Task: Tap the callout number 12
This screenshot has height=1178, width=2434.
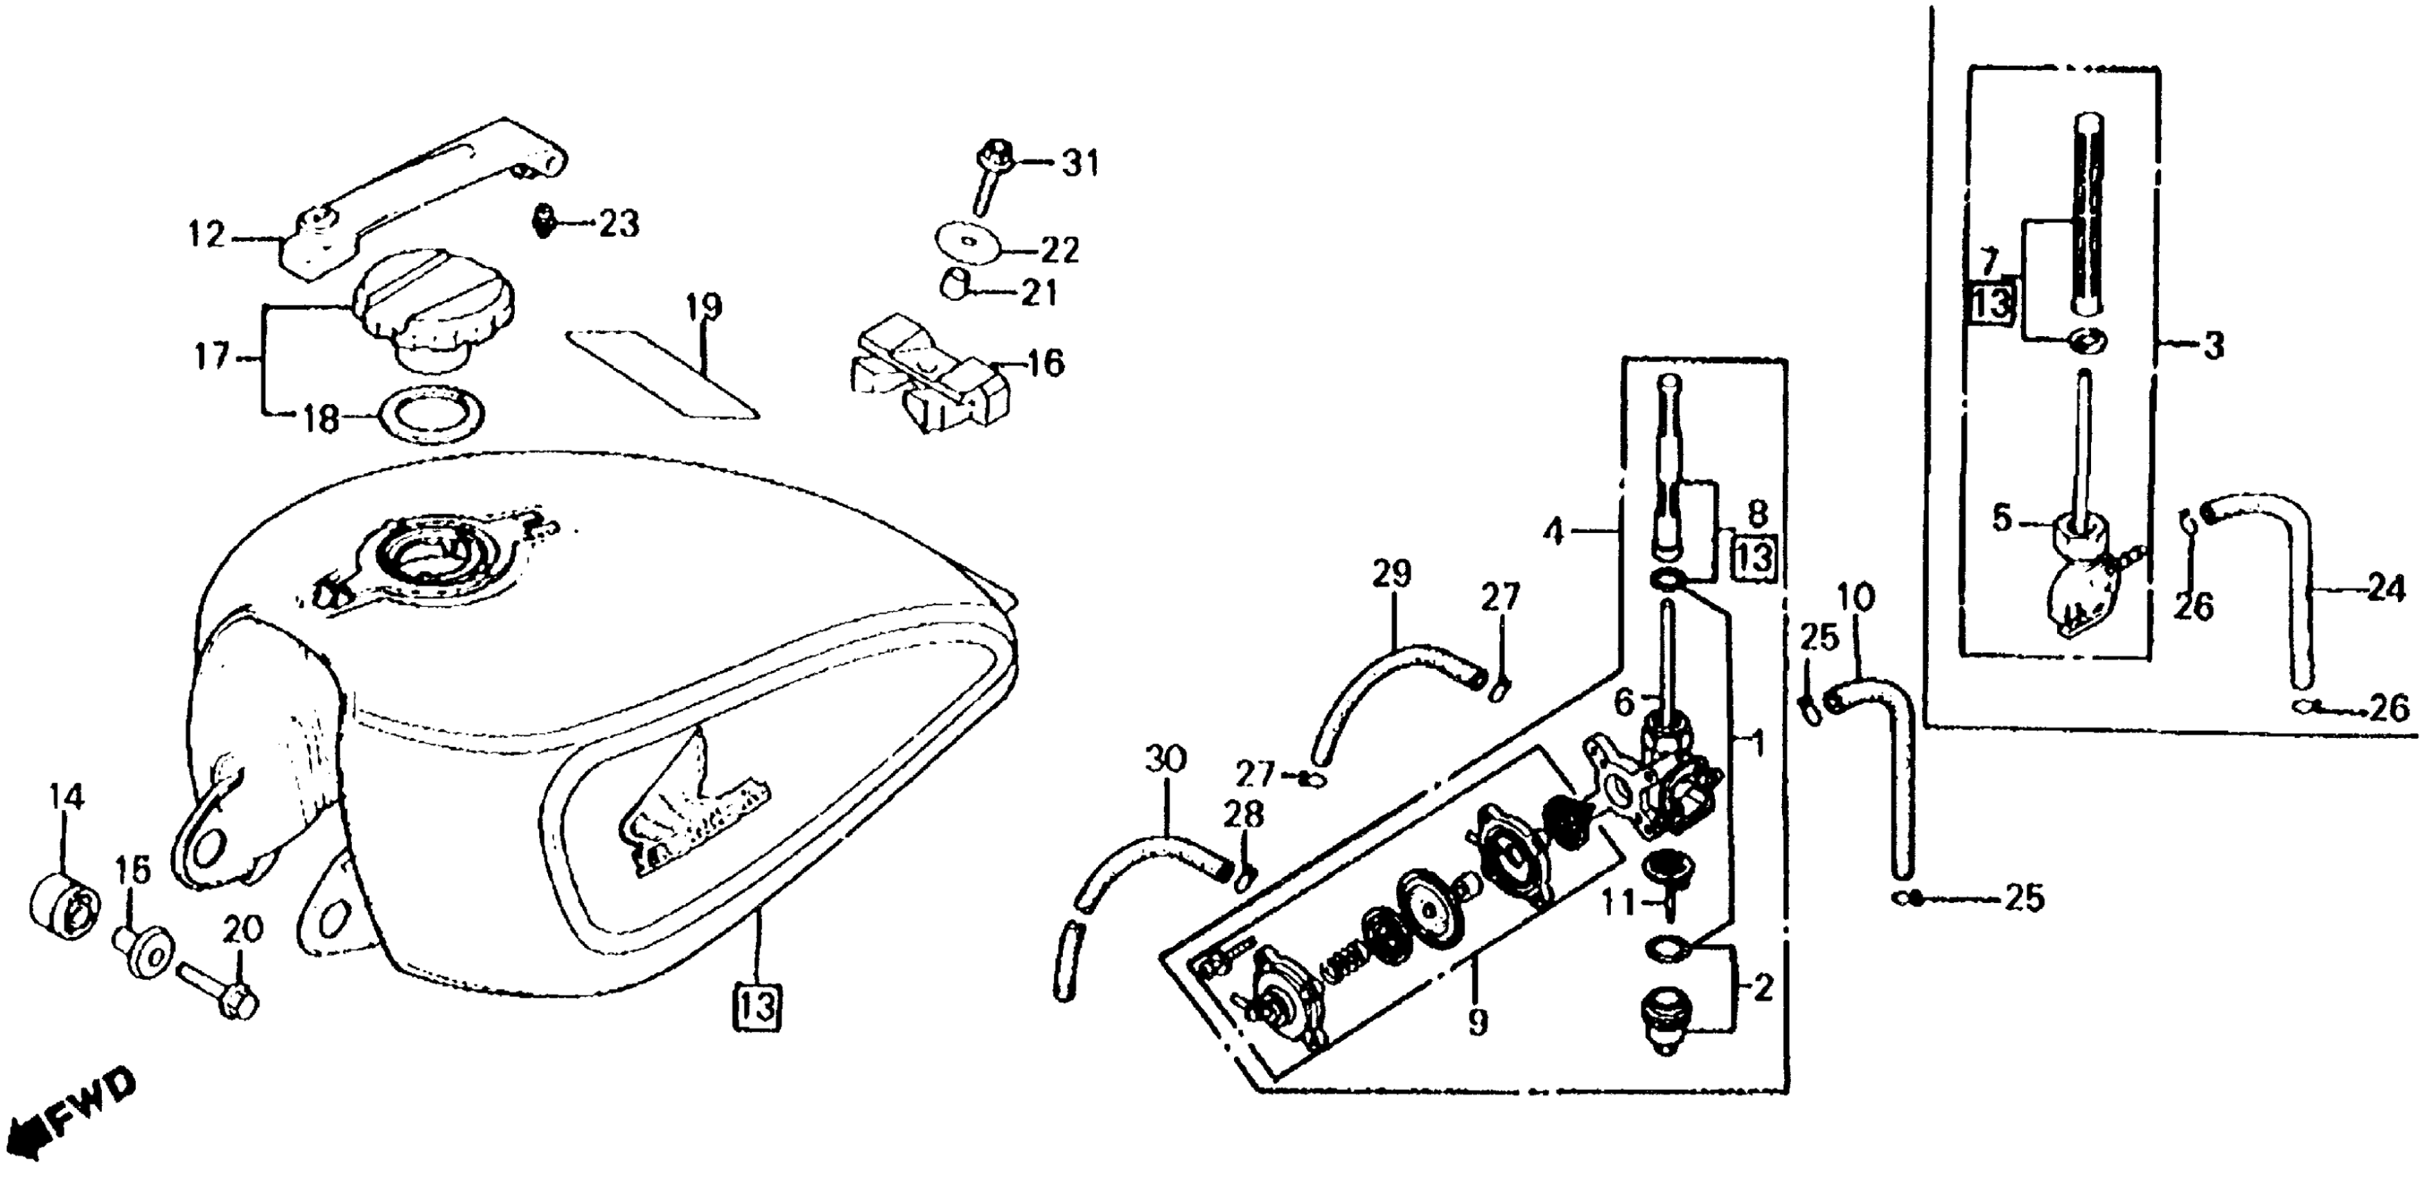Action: pos(206,234)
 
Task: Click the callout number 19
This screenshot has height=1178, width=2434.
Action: pos(704,307)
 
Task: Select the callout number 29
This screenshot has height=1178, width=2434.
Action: pos(1392,574)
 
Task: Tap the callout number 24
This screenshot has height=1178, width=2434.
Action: pos(2385,590)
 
